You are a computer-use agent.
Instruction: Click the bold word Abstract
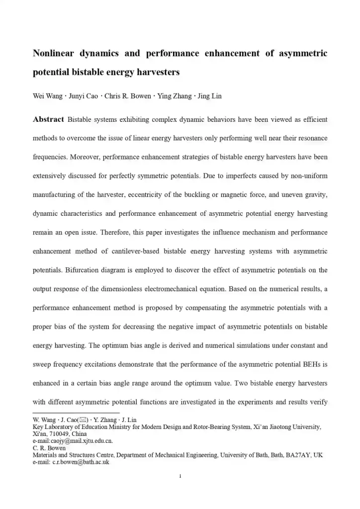click(48, 120)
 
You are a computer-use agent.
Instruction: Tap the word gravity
click(314, 195)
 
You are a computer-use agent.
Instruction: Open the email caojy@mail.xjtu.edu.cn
click(73, 441)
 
